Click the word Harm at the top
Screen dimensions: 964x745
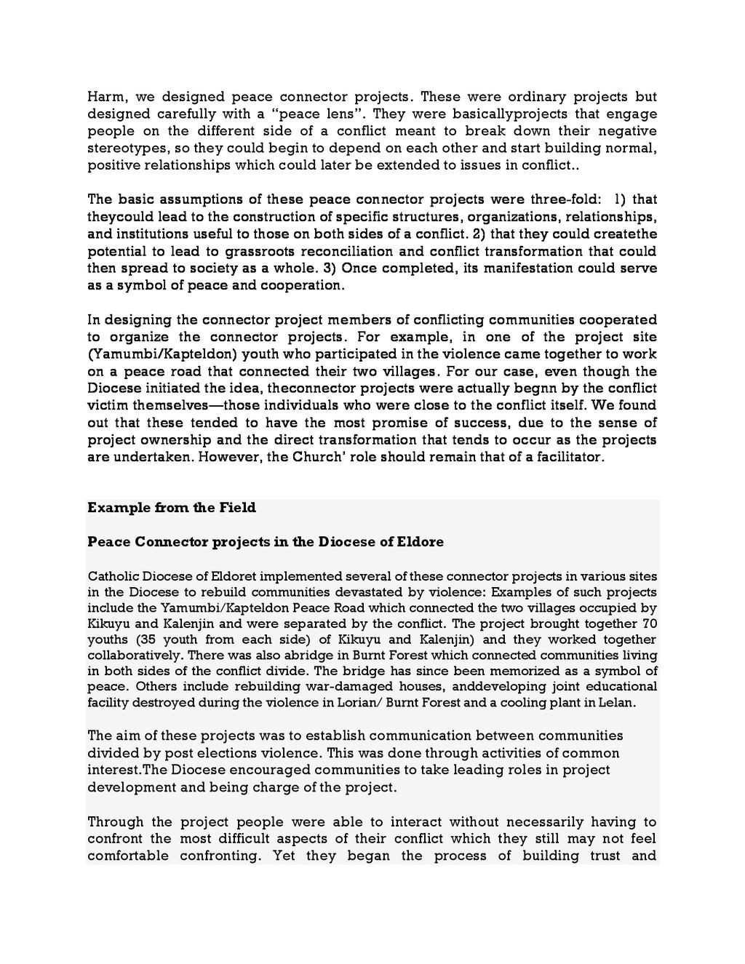point(105,97)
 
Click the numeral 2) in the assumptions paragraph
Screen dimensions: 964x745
point(477,234)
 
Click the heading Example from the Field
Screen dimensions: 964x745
point(172,508)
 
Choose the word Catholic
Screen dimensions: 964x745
point(112,577)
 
